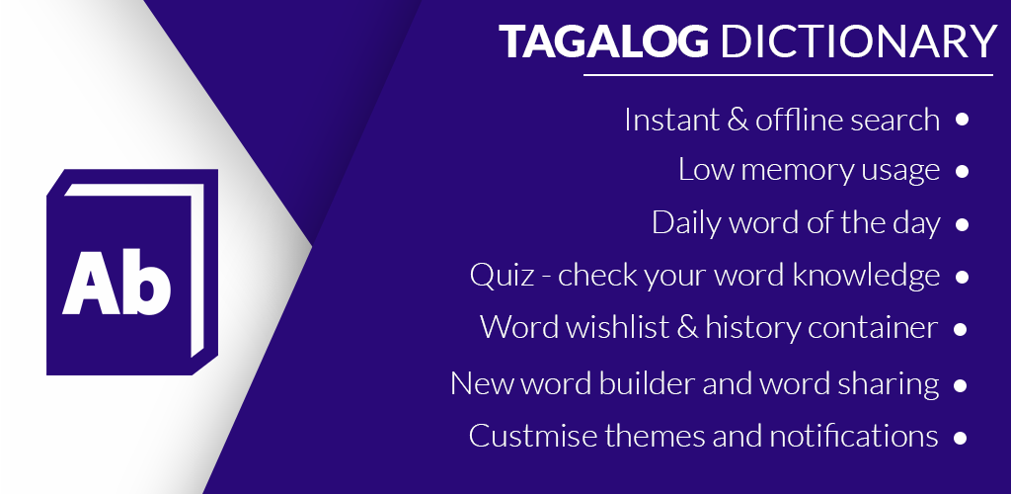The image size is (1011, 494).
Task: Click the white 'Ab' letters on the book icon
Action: (117, 282)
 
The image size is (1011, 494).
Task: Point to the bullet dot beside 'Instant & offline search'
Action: (963, 120)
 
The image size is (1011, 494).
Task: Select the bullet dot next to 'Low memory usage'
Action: (963, 171)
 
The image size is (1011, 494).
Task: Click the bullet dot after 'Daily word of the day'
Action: (963, 224)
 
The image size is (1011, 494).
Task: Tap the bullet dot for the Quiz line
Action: (963, 277)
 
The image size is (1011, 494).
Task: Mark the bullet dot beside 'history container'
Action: (963, 329)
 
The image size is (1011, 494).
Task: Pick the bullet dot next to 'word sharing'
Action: (963, 385)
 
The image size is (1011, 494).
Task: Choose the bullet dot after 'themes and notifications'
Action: (963, 437)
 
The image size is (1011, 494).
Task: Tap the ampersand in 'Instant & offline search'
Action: (736, 121)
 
